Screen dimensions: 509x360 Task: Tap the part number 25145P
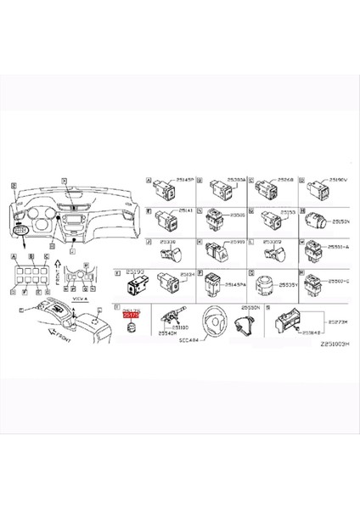click(185, 181)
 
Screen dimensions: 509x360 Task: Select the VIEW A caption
click(79, 299)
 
